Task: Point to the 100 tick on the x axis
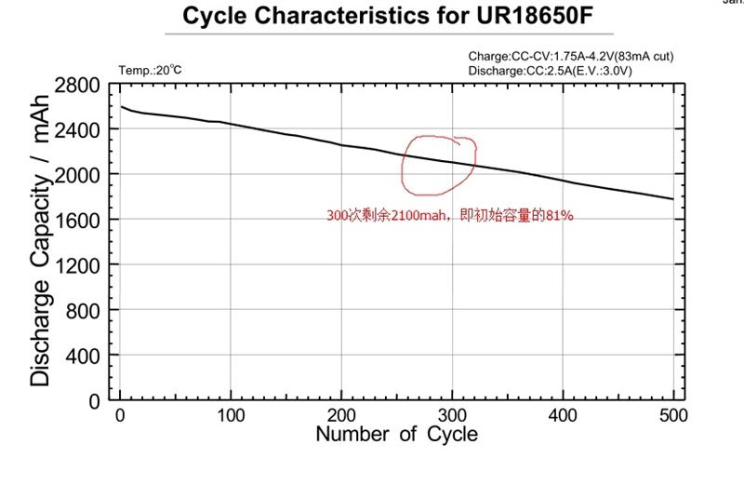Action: click(231, 413)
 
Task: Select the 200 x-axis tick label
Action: click(341, 413)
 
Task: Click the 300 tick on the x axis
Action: click(452, 413)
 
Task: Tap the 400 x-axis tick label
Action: click(563, 413)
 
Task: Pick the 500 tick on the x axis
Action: click(672, 413)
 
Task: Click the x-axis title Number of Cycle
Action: click(396, 434)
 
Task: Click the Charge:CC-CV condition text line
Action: click(570, 56)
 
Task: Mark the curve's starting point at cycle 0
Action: click(121, 106)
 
